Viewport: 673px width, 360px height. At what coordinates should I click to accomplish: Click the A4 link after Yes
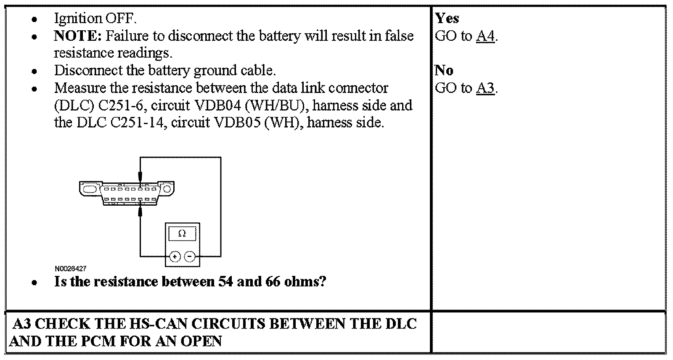485,36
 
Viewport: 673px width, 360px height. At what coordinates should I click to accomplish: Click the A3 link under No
485,88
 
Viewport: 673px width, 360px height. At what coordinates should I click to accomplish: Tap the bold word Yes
447,18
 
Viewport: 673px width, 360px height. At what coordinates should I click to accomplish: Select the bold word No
444,70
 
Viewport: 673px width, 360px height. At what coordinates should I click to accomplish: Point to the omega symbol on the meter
182,234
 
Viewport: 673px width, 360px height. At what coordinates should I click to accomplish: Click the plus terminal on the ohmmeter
175,256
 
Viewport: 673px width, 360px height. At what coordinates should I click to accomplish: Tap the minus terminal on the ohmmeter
190,256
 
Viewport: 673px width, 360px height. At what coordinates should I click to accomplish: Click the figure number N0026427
70,268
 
